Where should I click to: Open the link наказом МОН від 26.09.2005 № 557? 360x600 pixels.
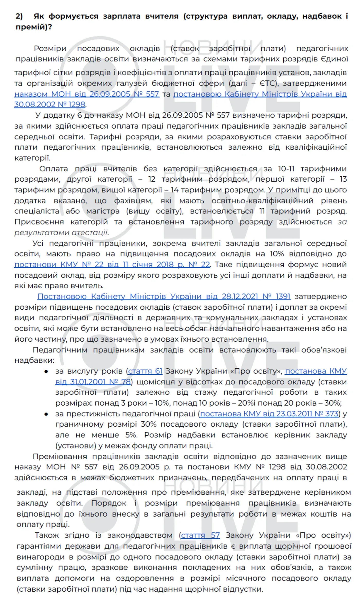click(x=87, y=94)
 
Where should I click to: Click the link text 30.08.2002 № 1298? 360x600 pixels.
click(x=50, y=104)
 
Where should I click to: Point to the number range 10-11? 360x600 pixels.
click(x=286, y=169)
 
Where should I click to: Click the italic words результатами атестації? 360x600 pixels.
click(x=61, y=232)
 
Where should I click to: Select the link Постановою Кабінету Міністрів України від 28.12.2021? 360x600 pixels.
click(x=164, y=297)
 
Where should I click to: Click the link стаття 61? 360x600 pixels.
click(x=145, y=371)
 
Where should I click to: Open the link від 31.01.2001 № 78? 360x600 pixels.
click(x=93, y=382)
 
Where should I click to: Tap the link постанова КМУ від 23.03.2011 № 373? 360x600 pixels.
click(x=269, y=414)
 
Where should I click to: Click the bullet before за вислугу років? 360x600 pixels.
click(x=46, y=371)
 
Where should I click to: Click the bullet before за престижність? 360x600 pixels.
click(x=46, y=414)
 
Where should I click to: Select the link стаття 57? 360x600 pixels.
click(x=200, y=535)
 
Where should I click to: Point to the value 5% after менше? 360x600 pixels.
click(x=131, y=435)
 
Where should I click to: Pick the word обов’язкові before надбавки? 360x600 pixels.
click(x=324, y=350)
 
